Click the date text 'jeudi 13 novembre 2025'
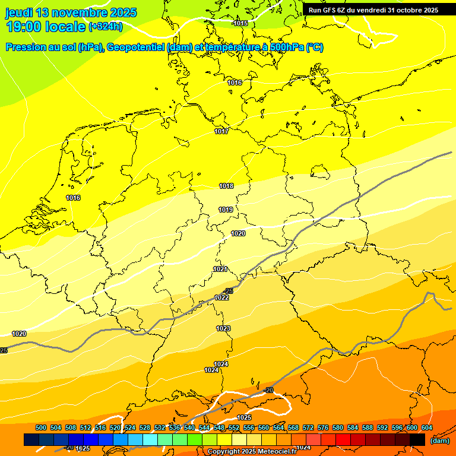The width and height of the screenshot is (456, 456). pyautogui.click(x=71, y=12)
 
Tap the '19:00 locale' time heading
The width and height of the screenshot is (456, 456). pyautogui.click(x=45, y=27)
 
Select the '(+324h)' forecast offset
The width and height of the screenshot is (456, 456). pyautogui.click(x=106, y=27)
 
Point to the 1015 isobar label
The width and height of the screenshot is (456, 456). pyautogui.click(x=240, y=23)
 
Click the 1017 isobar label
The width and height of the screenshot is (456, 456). pyautogui.click(x=221, y=131)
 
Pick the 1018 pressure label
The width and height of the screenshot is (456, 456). pyautogui.click(x=226, y=186)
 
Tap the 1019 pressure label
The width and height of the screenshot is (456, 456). pyautogui.click(x=226, y=210)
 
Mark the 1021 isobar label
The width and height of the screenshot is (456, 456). pyautogui.click(x=220, y=269)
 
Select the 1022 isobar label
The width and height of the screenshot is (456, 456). pyautogui.click(x=222, y=297)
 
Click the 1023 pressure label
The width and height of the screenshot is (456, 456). pyautogui.click(x=223, y=328)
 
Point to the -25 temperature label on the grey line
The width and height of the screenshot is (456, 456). pyautogui.click(x=229, y=291)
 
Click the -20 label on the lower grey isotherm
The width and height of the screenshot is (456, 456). pyautogui.click(x=268, y=390)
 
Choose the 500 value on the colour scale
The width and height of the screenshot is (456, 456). pyautogui.click(x=41, y=428)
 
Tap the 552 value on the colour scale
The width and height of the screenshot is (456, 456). pyautogui.click(x=234, y=428)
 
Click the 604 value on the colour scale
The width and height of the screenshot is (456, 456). pyautogui.click(x=427, y=428)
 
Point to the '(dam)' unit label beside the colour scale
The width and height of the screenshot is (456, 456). pyautogui.click(x=439, y=441)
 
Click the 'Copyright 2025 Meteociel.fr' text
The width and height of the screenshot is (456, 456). pyautogui.click(x=252, y=452)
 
